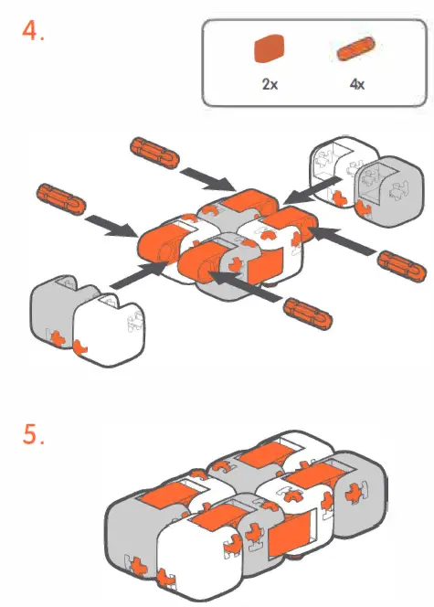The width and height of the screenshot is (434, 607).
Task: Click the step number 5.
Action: pyautogui.click(x=34, y=437)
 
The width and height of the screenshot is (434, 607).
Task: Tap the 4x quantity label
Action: pyautogui.click(x=357, y=83)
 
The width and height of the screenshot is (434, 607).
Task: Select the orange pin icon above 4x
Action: pyautogui.click(x=356, y=49)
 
